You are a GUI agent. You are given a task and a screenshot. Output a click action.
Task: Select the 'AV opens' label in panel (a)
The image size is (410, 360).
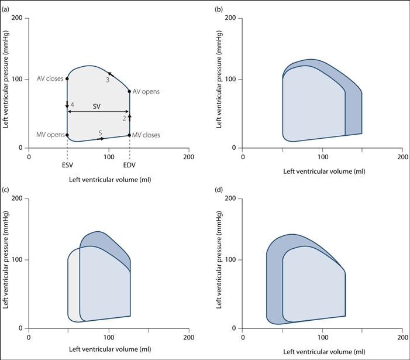[x=146, y=92]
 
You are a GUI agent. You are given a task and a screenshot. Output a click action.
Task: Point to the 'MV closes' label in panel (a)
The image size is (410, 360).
[x=146, y=135]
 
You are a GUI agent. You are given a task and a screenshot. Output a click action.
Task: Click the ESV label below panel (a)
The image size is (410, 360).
[x=67, y=165]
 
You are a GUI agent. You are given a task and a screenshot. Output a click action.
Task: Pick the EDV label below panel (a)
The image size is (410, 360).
[x=130, y=165]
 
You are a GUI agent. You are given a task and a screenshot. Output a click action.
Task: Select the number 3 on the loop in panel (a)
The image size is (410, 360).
[x=108, y=80]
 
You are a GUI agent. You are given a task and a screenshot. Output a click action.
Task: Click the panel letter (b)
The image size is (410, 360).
[x=218, y=10]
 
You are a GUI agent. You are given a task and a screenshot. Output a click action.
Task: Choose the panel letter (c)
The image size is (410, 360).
[x=5, y=190]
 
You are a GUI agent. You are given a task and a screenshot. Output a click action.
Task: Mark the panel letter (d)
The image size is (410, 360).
[x=218, y=190]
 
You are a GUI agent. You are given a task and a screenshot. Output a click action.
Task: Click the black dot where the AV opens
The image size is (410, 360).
[x=129, y=91]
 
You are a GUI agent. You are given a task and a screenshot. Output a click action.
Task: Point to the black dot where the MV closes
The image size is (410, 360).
[x=129, y=135]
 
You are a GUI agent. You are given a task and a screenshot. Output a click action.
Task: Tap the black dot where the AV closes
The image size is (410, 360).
[x=67, y=78]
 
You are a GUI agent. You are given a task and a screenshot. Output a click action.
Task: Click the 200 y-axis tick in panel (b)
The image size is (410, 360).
[x=230, y=18]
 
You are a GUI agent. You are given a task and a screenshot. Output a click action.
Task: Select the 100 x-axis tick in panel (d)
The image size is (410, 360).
[x=322, y=338]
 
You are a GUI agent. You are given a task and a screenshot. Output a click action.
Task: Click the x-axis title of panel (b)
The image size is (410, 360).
[x=324, y=172]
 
